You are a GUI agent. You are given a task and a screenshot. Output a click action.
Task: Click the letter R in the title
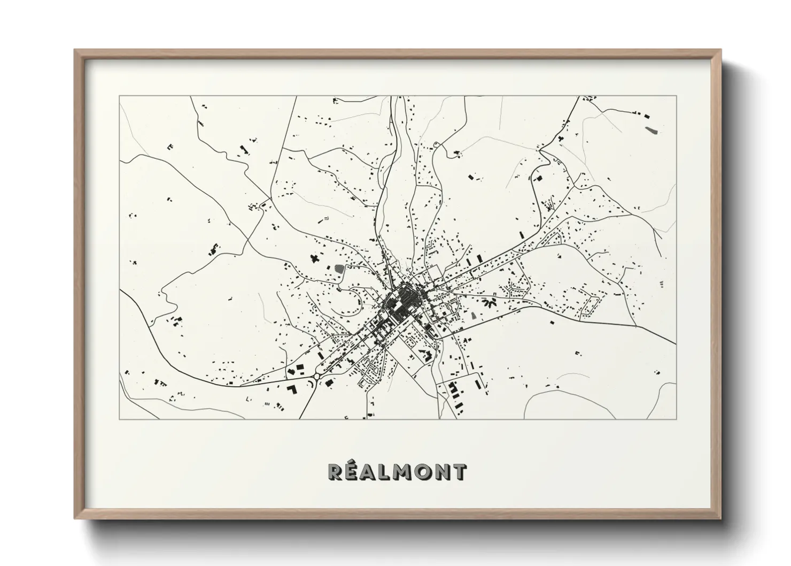335,472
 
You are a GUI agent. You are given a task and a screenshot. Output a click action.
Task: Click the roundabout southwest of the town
317,377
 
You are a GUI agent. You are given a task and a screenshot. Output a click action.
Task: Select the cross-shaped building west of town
314,258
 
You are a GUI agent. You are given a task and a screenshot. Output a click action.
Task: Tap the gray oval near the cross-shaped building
338,267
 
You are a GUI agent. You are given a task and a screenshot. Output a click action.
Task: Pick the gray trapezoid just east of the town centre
474,314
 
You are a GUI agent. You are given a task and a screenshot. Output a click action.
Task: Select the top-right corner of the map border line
676,96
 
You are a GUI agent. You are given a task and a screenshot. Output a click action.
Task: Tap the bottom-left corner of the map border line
119,419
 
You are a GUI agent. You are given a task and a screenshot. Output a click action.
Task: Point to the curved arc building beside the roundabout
309,384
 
